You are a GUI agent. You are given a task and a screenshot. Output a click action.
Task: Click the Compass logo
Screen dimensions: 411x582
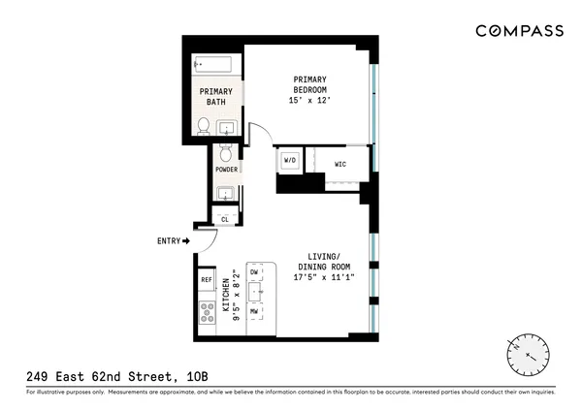pos(519,30)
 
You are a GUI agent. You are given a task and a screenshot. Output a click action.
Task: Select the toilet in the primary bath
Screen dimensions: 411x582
pos(204,125)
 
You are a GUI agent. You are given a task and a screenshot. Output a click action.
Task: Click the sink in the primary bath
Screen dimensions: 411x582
pos(228,127)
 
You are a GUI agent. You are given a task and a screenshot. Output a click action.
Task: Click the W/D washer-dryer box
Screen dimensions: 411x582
pos(289,160)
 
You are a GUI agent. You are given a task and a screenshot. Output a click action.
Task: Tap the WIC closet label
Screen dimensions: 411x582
pos(340,164)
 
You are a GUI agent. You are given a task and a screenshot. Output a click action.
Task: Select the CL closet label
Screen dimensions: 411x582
pos(225,219)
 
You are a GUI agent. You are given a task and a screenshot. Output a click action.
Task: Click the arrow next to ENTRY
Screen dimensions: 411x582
pos(185,240)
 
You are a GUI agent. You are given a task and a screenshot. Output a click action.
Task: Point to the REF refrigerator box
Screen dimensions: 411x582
pos(207,280)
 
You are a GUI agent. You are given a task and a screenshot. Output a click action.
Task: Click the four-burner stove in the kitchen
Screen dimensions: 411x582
pos(207,311)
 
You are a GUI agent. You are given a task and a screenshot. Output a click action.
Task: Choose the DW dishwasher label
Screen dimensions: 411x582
pos(254,273)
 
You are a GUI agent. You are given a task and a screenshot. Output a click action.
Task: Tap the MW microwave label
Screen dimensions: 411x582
pos(254,311)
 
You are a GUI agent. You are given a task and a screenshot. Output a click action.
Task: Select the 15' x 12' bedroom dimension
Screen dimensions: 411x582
pos(309,100)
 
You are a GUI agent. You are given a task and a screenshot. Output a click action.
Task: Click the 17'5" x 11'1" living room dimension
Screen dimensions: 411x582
pos(324,277)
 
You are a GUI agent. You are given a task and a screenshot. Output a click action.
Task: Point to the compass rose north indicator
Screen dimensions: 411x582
pos(519,344)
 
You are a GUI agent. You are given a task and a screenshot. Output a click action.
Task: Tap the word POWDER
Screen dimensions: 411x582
pos(226,170)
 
